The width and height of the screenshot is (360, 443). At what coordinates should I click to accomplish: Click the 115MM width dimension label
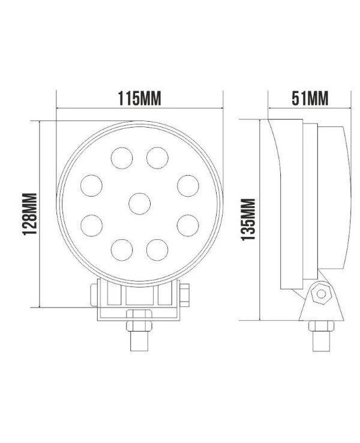tap(139, 98)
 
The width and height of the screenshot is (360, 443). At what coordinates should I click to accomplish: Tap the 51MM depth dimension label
tap(310, 98)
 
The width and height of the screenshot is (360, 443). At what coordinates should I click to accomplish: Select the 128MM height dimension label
tap(29, 214)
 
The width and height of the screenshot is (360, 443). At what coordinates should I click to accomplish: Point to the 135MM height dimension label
tap(248, 219)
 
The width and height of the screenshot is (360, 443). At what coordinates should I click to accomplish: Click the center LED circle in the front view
tap(139, 204)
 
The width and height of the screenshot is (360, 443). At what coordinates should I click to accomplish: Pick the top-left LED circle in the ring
tap(122, 158)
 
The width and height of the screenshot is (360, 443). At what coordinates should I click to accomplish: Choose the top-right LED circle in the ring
tap(157, 158)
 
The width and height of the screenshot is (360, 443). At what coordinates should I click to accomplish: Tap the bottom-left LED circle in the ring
tap(122, 250)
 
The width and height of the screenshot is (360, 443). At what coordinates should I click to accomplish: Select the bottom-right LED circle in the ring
tap(157, 250)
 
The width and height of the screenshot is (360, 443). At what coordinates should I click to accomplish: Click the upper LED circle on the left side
tap(91, 186)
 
